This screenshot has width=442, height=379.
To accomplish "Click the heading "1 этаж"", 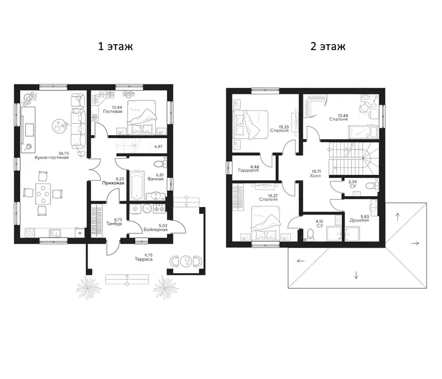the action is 115,46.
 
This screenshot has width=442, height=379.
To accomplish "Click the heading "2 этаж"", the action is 328,46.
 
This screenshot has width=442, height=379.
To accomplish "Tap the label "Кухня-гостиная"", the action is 52,158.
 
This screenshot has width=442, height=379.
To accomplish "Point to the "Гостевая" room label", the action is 112,112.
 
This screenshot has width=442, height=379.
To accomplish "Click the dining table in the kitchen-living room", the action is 43,194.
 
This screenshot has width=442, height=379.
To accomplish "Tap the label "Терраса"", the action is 143,259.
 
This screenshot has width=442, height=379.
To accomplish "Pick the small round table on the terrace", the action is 186,261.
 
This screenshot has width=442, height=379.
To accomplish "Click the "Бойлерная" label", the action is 155,229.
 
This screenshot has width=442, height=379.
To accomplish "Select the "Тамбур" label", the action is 114,224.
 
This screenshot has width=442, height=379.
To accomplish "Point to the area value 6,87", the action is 158,147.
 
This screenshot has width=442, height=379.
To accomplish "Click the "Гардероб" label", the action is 249,170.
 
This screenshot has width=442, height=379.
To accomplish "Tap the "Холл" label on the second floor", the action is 315,176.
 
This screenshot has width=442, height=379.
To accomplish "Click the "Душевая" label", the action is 359,220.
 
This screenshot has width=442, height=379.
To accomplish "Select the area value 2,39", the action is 353,182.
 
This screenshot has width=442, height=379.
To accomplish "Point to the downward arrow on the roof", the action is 356,275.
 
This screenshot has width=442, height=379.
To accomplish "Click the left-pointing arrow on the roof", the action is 301,261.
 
